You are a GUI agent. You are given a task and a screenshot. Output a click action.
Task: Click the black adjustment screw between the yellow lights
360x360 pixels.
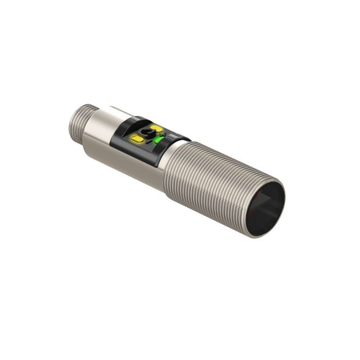(x=149, y=134)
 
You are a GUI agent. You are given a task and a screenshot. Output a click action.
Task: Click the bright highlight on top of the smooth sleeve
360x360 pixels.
(x=115, y=114)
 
